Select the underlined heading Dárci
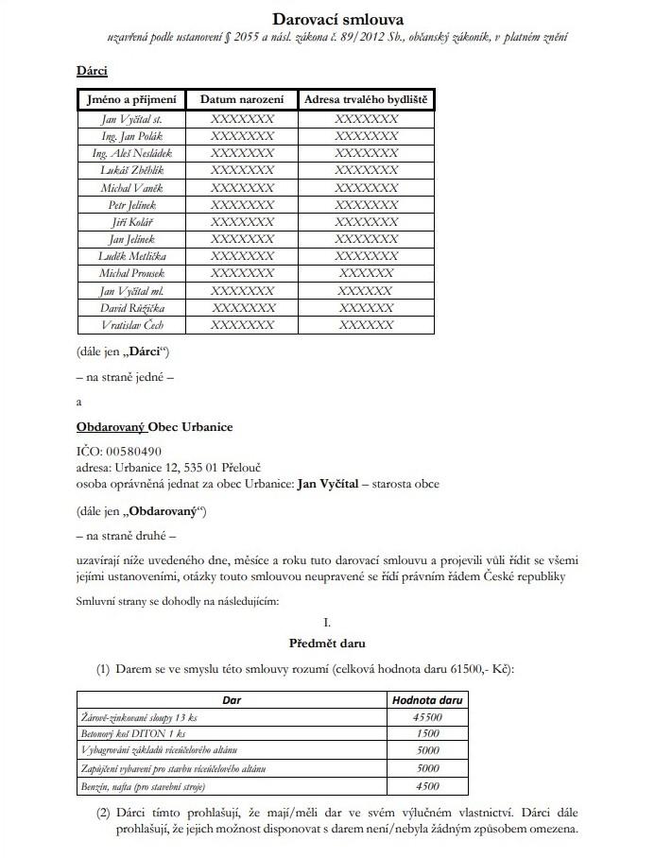pos(92,71)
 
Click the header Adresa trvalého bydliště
pos(366,99)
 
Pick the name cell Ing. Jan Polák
pos(131,136)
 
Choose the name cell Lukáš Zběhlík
pos(131,170)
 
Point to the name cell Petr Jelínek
pos(131,205)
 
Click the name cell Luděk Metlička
pos(131,256)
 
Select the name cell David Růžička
pos(131,308)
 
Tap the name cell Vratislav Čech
pos(131,325)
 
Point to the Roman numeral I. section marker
pos(326,623)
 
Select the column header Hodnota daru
pos(426,701)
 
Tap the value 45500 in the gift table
pos(427,718)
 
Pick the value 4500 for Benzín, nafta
pos(427,786)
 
